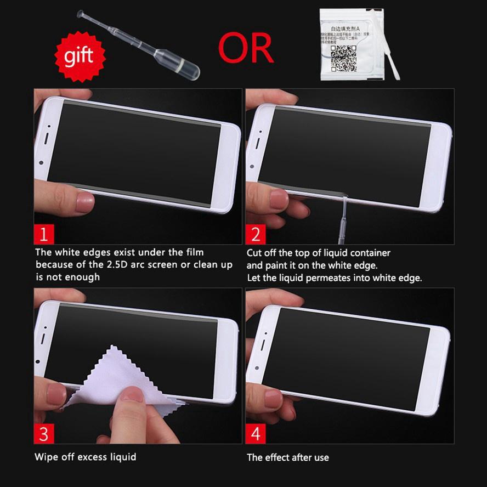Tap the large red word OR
click(x=246, y=48)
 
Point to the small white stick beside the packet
click(x=394, y=61)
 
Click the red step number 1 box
click(x=44, y=234)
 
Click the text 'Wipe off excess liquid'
click(x=86, y=456)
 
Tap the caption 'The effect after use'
click(x=287, y=457)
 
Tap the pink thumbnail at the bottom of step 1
click(x=85, y=202)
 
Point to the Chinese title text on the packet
click(x=344, y=27)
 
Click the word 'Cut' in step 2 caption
click(x=254, y=253)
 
